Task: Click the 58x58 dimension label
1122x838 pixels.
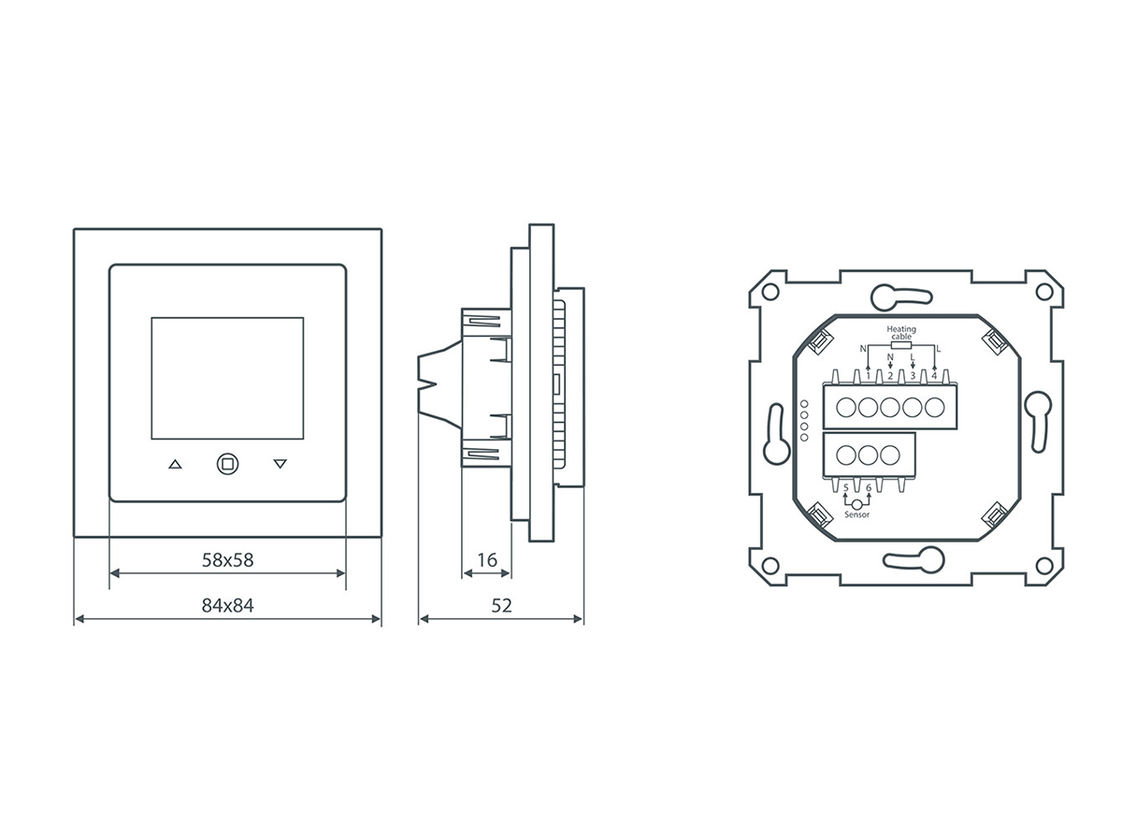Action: tap(228, 560)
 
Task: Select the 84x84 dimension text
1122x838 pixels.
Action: tap(228, 605)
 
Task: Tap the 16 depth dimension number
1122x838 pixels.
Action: tap(487, 560)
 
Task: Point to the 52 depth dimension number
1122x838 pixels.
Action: tap(502, 605)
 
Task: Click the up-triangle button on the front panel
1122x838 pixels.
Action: tap(175, 464)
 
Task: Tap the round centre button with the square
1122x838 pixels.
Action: tap(227, 463)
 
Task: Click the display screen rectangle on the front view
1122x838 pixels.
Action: tap(227, 378)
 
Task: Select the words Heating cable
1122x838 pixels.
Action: tap(901, 333)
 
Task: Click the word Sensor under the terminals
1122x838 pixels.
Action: tap(857, 514)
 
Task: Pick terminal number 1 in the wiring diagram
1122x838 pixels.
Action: tap(869, 375)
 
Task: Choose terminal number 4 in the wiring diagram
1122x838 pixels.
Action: tap(934, 375)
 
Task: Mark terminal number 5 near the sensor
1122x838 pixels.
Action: tap(846, 488)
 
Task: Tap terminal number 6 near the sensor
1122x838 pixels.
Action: tap(869, 488)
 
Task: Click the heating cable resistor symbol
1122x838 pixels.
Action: tap(902, 345)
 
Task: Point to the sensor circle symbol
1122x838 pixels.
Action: tap(857, 503)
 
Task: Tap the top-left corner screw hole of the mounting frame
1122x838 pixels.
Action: tap(770, 290)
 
